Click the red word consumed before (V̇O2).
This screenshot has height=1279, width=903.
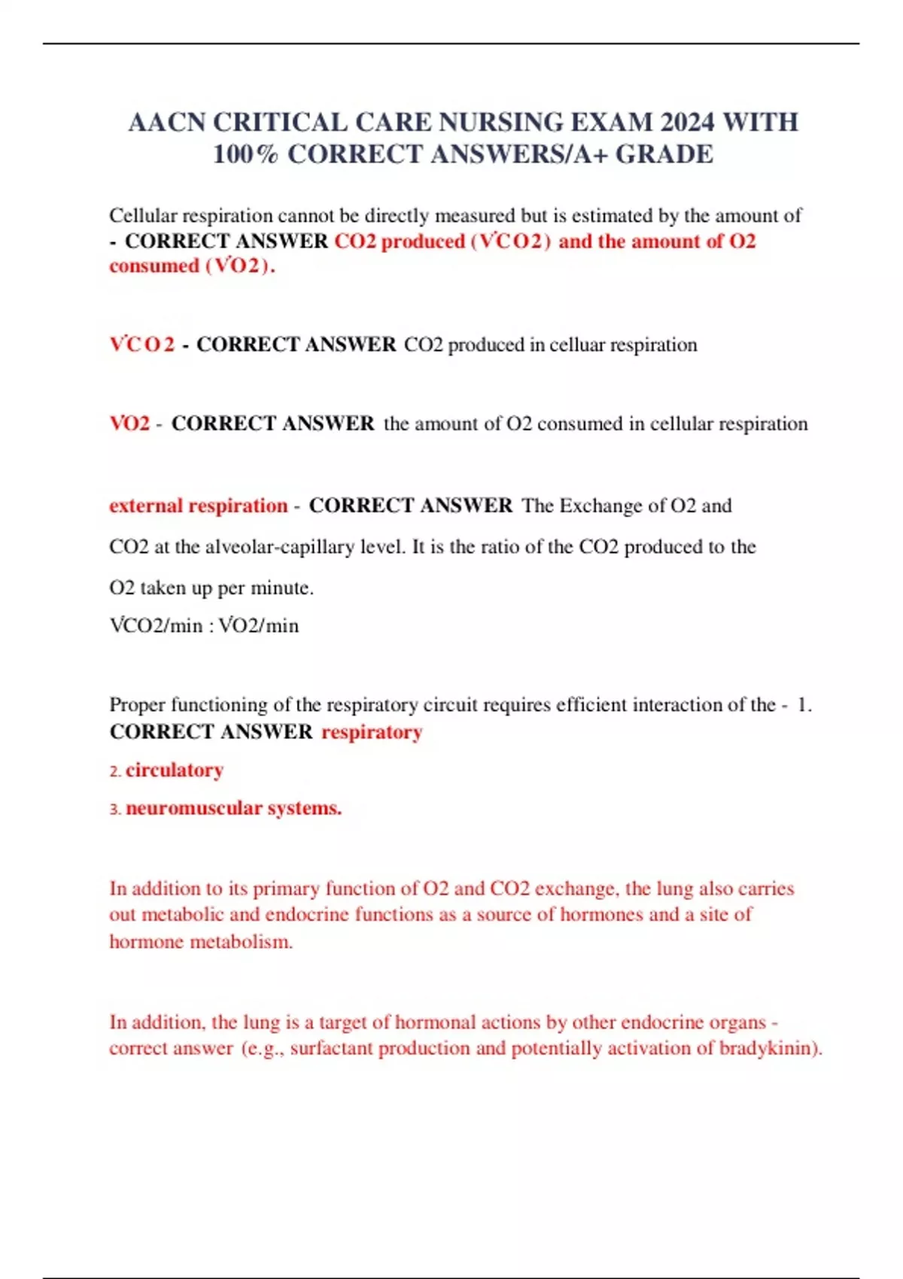(x=154, y=266)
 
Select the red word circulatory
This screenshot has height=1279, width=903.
(x=175, y=770)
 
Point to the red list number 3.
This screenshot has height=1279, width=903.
(x=114, y=810)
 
